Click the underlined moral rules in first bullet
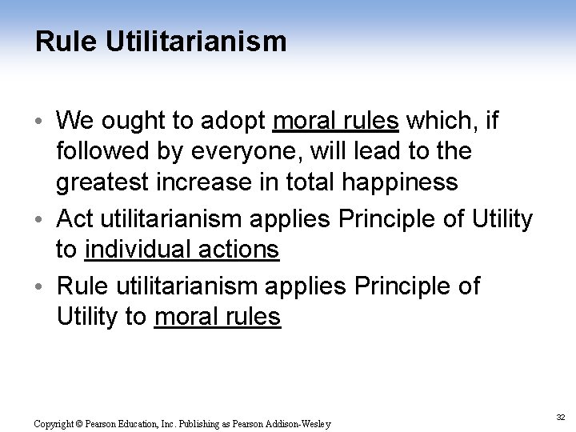(x=335, y=121)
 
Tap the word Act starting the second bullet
(x=77, y=218)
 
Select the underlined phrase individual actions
(x=182, y=250)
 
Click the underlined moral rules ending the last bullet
(x=218, y=317)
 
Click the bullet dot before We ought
(x=41, y=122)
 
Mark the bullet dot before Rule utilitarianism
(x=41, y=286)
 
